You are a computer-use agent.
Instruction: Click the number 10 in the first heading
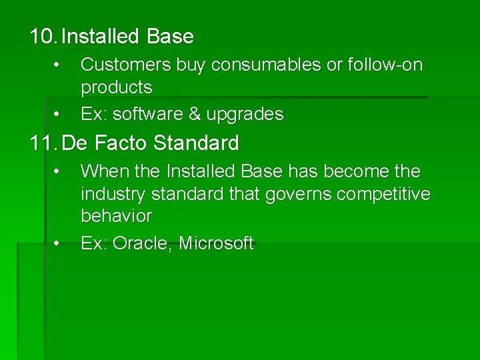coord(41,37)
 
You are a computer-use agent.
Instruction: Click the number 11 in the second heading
coord(41,143)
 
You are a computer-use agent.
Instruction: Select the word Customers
coord(125,65)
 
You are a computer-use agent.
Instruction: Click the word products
coord(116,87)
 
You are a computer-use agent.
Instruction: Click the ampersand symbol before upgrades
coord(195,115)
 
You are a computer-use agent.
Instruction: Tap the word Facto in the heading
coord(123,143)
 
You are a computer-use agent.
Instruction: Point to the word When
coord(105,171)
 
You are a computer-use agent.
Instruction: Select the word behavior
coord(116,216)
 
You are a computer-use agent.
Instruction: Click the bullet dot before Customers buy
coord(58,65)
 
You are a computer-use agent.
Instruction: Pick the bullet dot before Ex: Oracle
coord(58,243)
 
